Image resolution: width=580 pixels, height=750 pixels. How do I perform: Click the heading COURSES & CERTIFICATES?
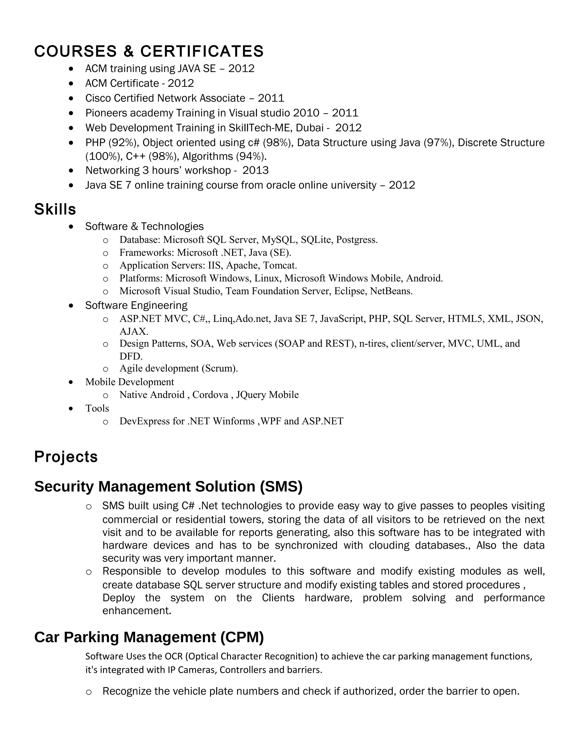click(x=149, y=52)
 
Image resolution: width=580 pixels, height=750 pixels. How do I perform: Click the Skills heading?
click(x=55, y=209)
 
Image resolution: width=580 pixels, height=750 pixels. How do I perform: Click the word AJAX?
click(x=133, y=332)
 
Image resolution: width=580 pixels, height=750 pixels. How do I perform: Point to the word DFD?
click(x=130, y=356)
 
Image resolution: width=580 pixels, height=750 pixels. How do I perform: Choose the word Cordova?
click(x=210, y=395)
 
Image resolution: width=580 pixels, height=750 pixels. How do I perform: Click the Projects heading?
click(x=66, y=457)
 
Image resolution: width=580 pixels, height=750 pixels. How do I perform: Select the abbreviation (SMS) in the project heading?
click(x=281, y=487)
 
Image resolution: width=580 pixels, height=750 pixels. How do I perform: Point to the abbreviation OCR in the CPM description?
click(x=174, y=656)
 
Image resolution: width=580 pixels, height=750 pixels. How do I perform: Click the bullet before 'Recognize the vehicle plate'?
click(x=89, y=692)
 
